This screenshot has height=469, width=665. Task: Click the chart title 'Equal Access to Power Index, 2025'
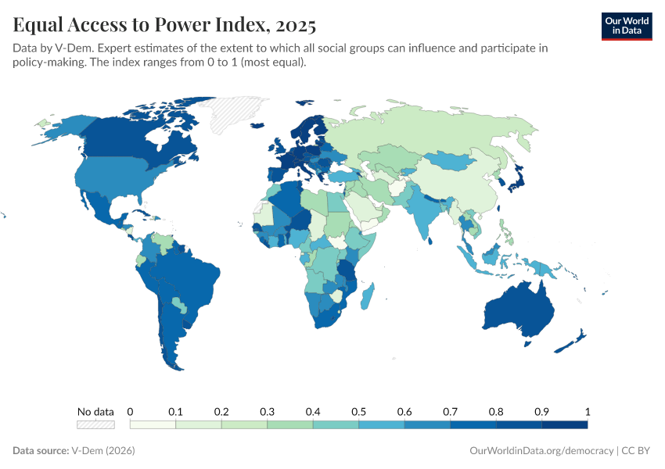[164, 26]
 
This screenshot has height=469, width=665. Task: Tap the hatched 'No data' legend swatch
[95, 424]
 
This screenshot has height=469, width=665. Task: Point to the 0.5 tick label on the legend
[358, 411]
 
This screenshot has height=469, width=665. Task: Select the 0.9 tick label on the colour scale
[541, 411]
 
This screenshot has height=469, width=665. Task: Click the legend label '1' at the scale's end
[587, 411]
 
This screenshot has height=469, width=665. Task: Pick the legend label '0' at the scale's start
[130, 411]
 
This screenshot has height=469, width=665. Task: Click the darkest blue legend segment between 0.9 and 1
[564, 424]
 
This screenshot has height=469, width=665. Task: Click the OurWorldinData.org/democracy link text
[541, 451]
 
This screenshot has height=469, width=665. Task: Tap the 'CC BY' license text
[637, 451]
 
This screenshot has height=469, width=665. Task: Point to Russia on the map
[438, 129]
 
